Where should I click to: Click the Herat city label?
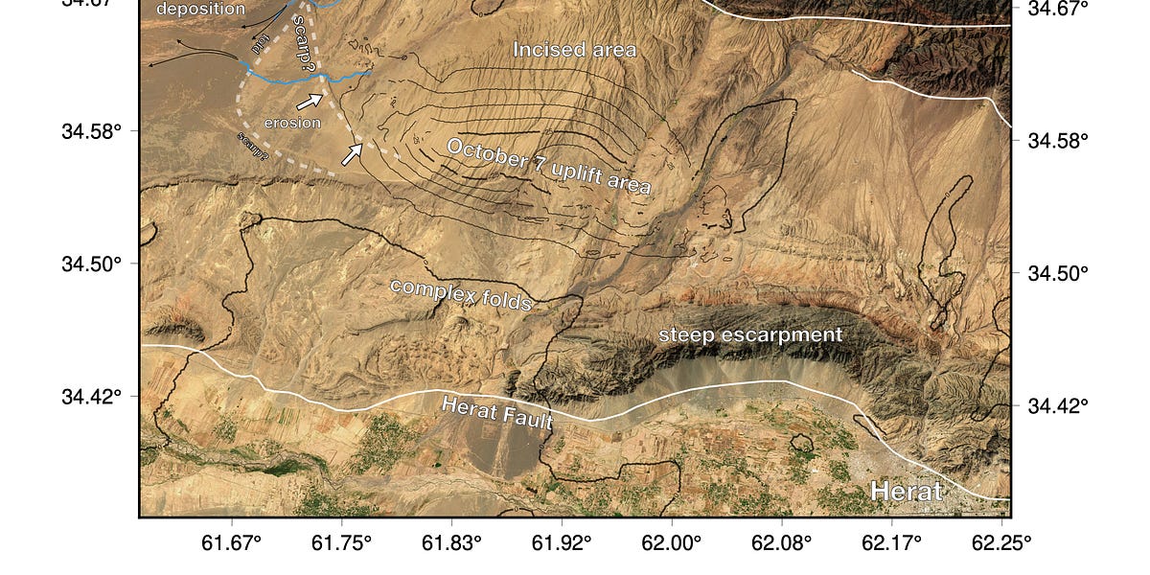(x=907, y=493)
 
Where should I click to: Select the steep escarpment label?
(x=749, y=334)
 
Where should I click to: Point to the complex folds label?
(x=461, y=294)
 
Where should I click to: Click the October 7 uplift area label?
(x=549, y=168)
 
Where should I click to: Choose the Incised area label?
(x=574, y=50)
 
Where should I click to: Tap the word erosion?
(x=292, y=123)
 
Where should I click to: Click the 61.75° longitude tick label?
(x=342, y=543)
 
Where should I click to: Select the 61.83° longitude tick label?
(x=451, y=543)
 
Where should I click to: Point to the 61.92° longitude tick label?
(x=562, y=543)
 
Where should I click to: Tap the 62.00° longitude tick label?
(x=672, y=543)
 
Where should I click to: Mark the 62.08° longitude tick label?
(x=782, y=543)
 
